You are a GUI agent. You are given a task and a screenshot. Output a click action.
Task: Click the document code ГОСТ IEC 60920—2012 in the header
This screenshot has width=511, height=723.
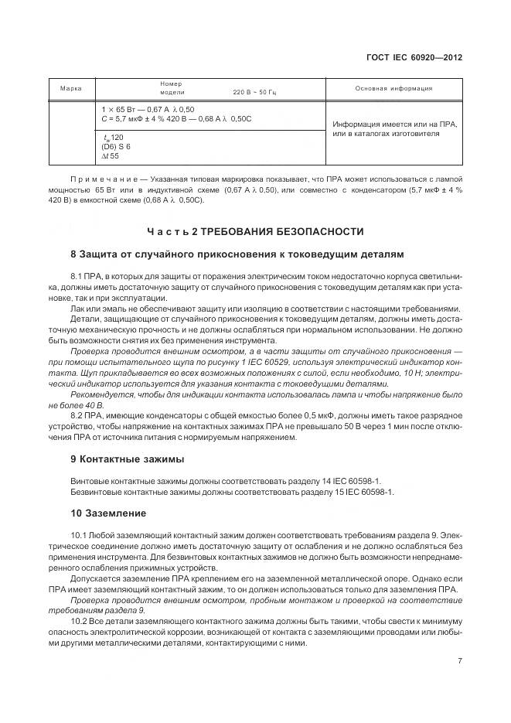[417, 57]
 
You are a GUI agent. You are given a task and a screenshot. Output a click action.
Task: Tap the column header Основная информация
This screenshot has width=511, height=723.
[393, 88]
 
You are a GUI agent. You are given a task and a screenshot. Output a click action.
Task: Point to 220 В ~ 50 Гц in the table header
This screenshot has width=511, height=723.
[254, 92]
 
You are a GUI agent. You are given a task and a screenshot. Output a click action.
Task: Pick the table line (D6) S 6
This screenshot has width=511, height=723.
[116, 146]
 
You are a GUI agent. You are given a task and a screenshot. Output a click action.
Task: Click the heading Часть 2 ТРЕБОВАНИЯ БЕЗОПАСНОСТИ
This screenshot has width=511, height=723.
[255, 232]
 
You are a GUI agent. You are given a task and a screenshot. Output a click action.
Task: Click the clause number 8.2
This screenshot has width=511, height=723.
[77, 416]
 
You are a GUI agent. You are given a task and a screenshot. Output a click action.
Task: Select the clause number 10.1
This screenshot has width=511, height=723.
[79, 534]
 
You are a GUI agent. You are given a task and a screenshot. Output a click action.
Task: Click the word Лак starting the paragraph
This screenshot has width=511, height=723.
[77, 308]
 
